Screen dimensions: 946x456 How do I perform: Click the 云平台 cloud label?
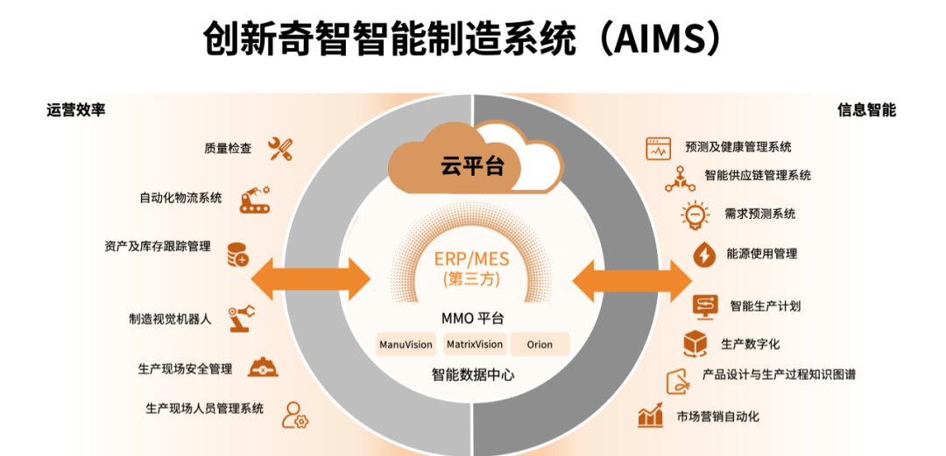472,166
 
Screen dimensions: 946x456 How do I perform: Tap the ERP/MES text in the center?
472,260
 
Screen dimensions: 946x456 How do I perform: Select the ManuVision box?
406,344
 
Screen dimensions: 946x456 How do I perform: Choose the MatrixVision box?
474,344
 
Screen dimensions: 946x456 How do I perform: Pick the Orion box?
540,344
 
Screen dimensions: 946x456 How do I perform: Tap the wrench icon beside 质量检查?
280,149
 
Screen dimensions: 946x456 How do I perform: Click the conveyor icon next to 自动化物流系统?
256,199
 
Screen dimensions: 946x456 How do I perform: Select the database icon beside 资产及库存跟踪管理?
237,255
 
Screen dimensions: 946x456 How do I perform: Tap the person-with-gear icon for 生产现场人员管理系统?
294,414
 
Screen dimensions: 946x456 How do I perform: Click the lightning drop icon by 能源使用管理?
703,255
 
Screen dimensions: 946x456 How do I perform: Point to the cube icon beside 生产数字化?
695,343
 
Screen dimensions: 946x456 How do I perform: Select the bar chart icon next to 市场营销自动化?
650,416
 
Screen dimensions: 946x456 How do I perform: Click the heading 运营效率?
76,110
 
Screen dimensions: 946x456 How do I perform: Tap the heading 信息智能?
866,110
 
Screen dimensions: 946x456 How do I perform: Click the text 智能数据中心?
473,375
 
